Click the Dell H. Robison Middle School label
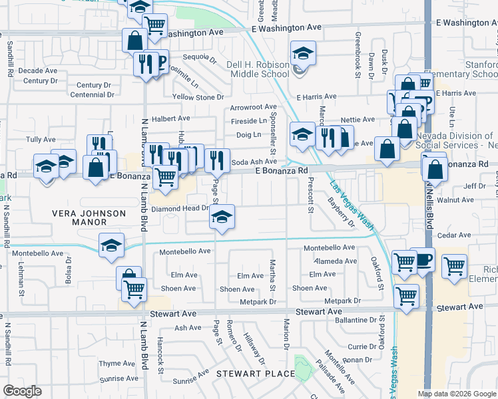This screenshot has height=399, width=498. tap(257, 69)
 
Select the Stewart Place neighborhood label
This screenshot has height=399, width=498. tap(256, 374)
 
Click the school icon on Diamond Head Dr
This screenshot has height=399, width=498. tap(222, 217)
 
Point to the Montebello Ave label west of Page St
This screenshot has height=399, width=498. tap(184, 252)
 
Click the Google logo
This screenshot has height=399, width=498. tap(23, 392)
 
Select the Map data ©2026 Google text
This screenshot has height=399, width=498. tap(456, 394)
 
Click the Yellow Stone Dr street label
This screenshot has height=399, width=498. tap(198, 97)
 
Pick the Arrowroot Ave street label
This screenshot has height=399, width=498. tap(253, 107)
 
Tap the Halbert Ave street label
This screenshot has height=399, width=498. tap(170, 118)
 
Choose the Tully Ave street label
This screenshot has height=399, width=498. tap(40, 140)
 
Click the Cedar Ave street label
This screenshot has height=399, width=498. tap(456, 235)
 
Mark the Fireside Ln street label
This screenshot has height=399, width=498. tap(248, 121)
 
